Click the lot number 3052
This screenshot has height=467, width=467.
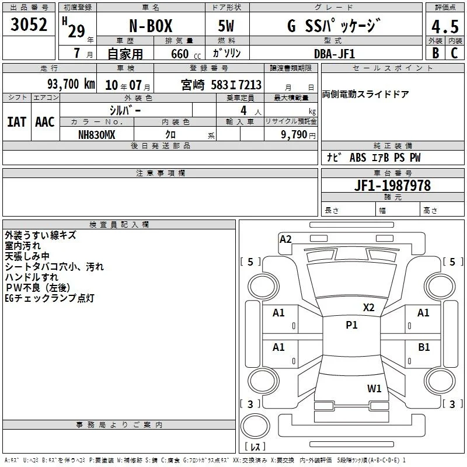[x=29, y=25]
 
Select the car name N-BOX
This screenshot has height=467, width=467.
[x=151, y=26]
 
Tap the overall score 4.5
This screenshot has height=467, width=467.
[x=445, y=27]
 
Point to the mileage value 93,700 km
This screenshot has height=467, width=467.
[x=71, y=84]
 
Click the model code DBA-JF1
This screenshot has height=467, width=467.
[x=334, y=54]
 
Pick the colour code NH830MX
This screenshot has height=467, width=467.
[x=96, y=135]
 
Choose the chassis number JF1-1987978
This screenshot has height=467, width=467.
[x=392, y=186]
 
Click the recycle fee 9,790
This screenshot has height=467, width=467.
[x=294, y=135]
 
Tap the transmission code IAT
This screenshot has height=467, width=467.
[x=17, y=122]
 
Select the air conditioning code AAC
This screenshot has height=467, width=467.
[x=45, y=122]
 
